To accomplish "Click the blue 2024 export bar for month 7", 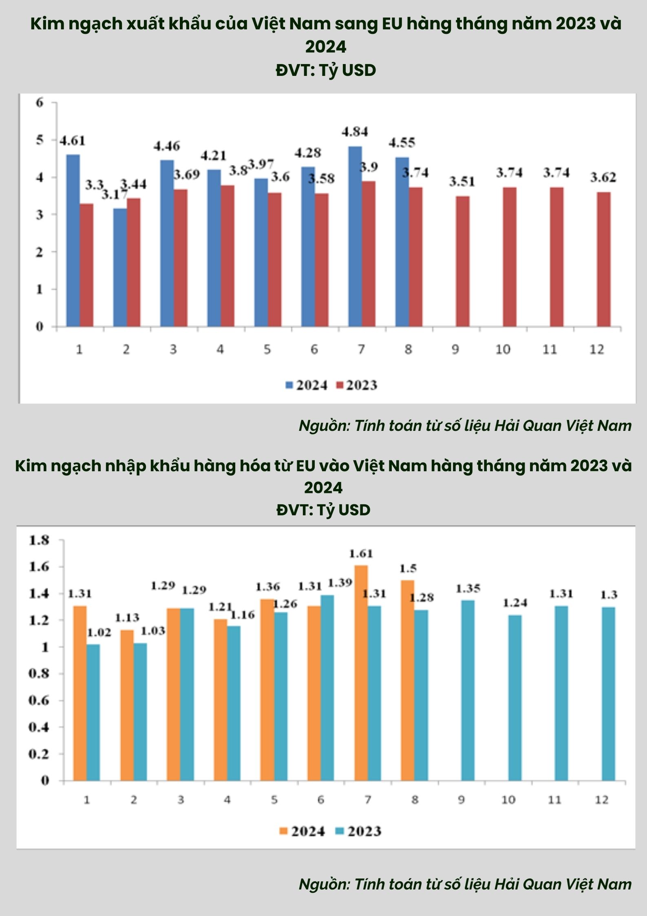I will pos(355,237).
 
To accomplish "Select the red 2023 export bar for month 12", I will pos(604,259).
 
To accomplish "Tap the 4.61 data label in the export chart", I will pos(73,141).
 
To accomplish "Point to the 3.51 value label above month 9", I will pos(462,182).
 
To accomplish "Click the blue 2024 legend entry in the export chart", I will pos(307,385).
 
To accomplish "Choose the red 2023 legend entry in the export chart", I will pos(357,385).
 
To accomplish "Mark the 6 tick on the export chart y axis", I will pos(40,102).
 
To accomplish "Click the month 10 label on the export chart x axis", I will pos(503,350).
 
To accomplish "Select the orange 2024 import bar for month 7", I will pos(361,673).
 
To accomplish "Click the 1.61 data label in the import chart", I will pos(361,554).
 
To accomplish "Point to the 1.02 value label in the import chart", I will pos(99,632).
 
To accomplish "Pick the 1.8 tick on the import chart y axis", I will pos(39,540).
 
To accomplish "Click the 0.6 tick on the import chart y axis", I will pos(39,700).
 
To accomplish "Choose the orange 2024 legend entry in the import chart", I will pos(302,831).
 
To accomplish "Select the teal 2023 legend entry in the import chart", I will pos(358,831).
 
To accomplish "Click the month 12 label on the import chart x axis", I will pos(602,800).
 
